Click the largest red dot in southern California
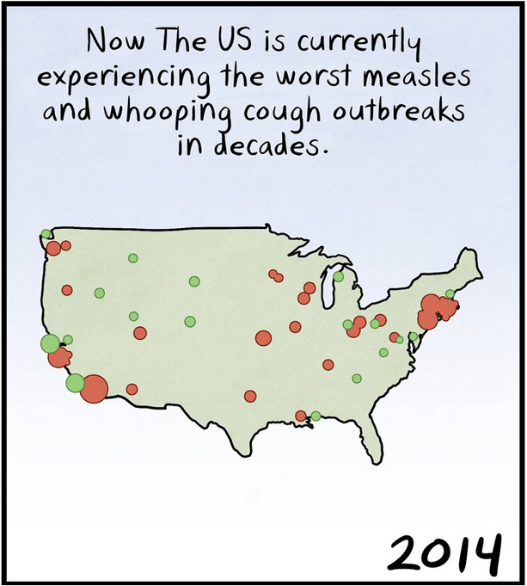click(94, 388)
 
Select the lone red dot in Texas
click(250, 396)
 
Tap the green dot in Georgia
click(357, 378)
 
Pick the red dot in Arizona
click(132, 389)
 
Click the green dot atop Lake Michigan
click(339, 276)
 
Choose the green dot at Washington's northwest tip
click(46, 233)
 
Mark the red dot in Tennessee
click(328, 364)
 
